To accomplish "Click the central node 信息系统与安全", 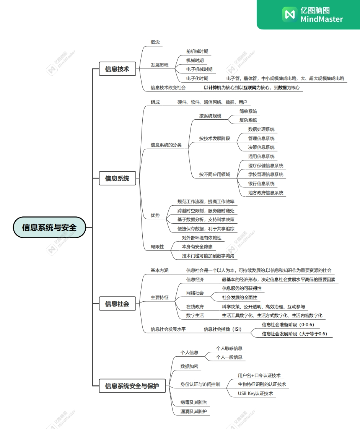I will point(49,227).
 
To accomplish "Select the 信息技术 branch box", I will point(117,69).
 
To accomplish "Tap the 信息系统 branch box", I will point(117,178).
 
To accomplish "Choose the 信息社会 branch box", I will point(117,304).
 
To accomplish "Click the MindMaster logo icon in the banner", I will point(290,15).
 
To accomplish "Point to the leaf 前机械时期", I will point(197,51).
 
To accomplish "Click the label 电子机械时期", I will point(199,69).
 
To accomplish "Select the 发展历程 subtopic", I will point(159,65).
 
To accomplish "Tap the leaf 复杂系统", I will point(248,120).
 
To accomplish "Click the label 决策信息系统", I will point(261,147).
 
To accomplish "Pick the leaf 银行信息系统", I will point(261,184).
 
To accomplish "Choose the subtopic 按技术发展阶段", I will point(214,138).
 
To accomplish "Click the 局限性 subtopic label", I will point(157,247).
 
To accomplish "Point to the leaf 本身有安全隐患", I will point(197,247).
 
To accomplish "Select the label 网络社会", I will point(195,293).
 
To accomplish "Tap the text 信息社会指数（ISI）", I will point(222,329).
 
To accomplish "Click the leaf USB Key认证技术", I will point(255,393).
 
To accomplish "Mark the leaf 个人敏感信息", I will point(229,348).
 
